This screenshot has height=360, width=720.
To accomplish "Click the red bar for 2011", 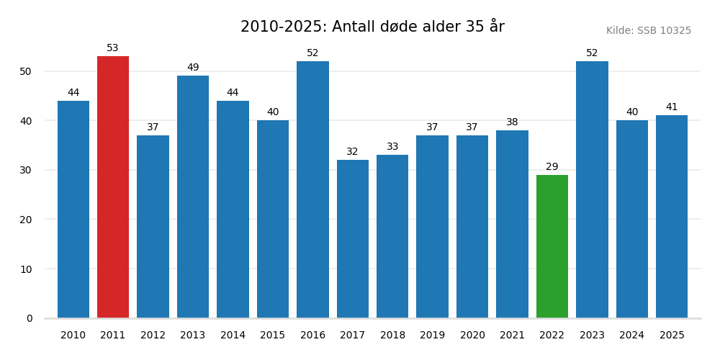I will (113, 187).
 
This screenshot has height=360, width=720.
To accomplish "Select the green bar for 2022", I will (552, 246).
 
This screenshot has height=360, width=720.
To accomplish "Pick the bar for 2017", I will (353, 239).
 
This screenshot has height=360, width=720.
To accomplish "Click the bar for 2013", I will (193, 197).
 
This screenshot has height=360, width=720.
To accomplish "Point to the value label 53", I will (113, 48).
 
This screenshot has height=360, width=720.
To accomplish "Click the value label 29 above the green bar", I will (552, 167).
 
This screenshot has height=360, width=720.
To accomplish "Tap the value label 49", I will (193, 68).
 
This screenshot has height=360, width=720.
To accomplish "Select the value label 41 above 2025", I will (672, 107).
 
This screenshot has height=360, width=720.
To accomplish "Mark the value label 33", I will (392, 147).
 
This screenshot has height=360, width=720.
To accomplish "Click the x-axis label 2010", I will (73, 336).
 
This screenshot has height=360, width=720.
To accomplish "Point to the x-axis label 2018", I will (392, 336).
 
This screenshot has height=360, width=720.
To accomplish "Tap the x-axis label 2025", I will (672, 336).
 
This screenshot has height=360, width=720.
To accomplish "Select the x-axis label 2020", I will (472, 336).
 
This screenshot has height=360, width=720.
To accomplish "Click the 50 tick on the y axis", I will (26, 71).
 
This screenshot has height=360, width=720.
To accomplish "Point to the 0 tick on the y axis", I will (30, 318).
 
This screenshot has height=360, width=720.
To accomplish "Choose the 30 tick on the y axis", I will (26, 170).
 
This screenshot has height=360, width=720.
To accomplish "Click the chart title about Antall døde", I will (372, 27).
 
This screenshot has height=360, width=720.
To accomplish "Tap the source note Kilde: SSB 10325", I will (648, 31).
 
